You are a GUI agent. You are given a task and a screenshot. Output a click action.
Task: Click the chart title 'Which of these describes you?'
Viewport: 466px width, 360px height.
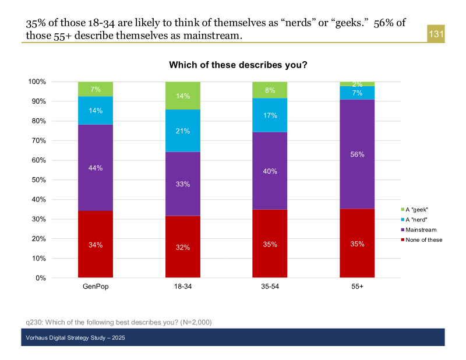click(x=238, y=65)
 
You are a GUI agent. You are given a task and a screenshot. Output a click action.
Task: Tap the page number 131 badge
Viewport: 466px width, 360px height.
click(x=436, y=35)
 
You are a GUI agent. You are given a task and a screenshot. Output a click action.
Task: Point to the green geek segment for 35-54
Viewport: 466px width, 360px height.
click(x=270, y=90)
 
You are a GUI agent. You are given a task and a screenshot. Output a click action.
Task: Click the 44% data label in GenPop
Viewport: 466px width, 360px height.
click(x=96, y=168)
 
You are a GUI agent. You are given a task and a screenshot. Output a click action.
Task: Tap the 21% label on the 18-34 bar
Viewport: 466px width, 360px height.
click(x=183, y=131)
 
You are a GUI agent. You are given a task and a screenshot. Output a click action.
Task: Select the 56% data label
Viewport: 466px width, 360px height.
click(x=357, y=154)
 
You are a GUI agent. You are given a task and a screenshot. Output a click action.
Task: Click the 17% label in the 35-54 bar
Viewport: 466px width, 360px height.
click(x=270, y=115)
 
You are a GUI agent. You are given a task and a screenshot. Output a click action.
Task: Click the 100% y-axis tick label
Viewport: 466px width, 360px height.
click(x=36, y=82)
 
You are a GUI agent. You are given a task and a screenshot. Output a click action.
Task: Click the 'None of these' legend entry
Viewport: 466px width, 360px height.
click(x=423, y=240)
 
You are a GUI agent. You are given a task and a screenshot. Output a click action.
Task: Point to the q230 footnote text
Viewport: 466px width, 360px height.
click(x=118, y=322)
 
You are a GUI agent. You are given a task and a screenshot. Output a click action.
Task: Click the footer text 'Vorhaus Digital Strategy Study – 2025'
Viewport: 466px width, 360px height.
click(x=76, y=338)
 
